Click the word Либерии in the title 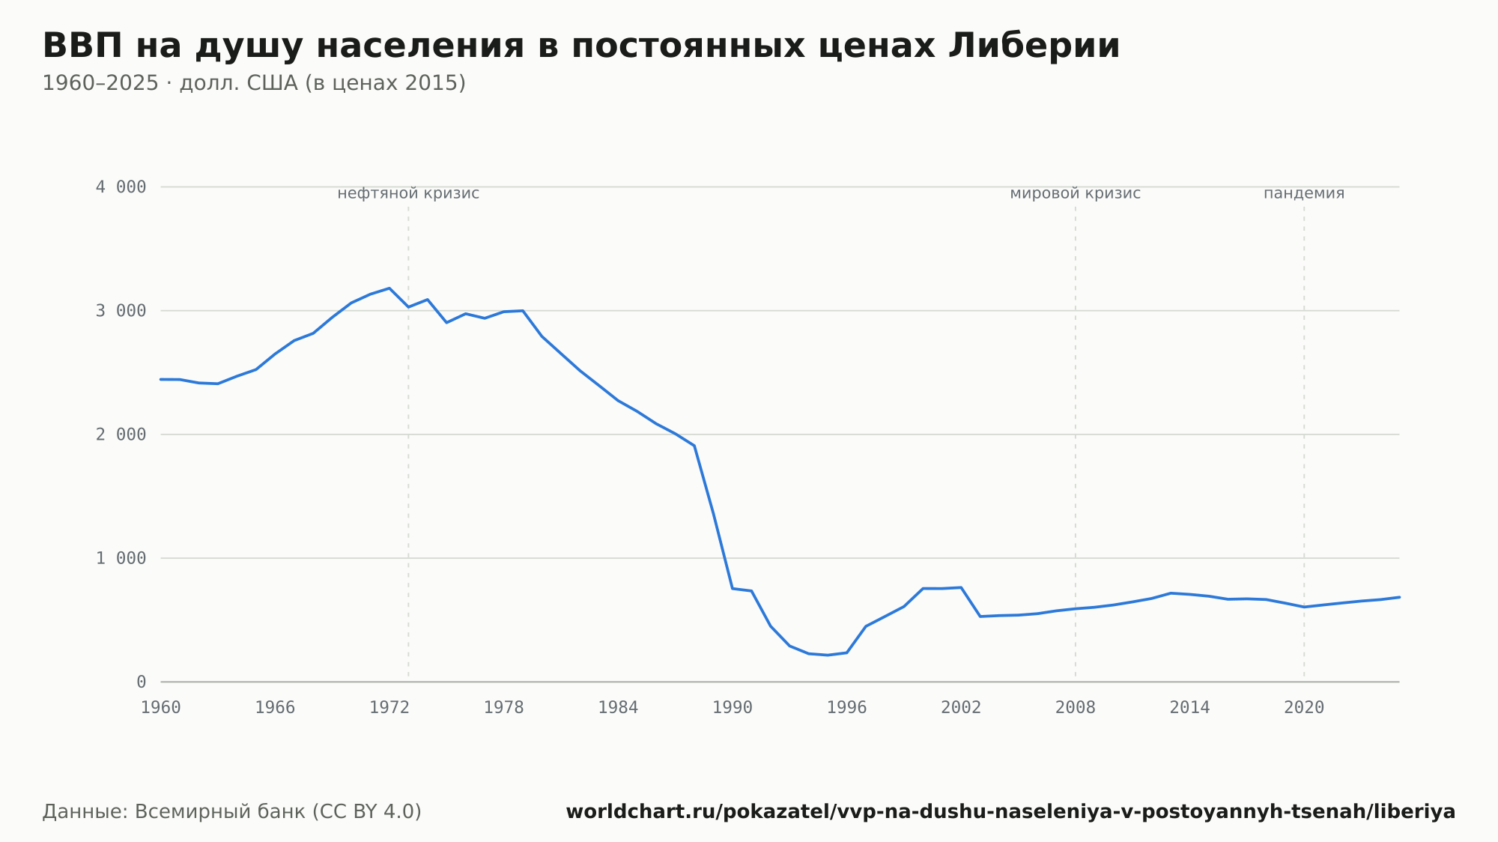coord(1034,46)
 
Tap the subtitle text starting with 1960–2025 coord(254,83)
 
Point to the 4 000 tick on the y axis coord(121,187)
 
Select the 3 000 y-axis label coord(121,311)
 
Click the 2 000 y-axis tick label coord(121,434)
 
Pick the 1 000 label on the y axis coord(121,558)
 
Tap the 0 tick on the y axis coord(141,682)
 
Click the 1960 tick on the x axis coord(161,708)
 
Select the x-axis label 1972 coord(389,708)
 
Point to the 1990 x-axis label coord(733,708)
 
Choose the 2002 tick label coord(961,708)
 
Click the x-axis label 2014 coord(1190,708)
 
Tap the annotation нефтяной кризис coord(408,193)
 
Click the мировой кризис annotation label coord(1076,193)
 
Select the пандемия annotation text coord(1304,193)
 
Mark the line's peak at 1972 coord(389,288)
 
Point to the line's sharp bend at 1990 coord(733,588)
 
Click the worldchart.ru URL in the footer coord(1010,812)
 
